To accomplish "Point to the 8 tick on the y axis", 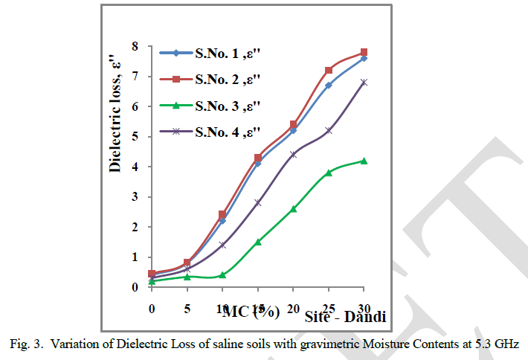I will [134, 46].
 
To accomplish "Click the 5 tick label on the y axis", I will [134, 137].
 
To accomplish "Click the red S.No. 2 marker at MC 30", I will [364, 52].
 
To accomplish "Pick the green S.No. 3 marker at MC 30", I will [364, 161].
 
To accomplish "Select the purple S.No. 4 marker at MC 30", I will [364, 82].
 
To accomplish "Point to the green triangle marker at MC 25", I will [329, 173].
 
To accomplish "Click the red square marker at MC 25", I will [329, 70].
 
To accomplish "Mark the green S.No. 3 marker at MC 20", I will [293, 209].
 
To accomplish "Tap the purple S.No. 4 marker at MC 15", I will [258, 202].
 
